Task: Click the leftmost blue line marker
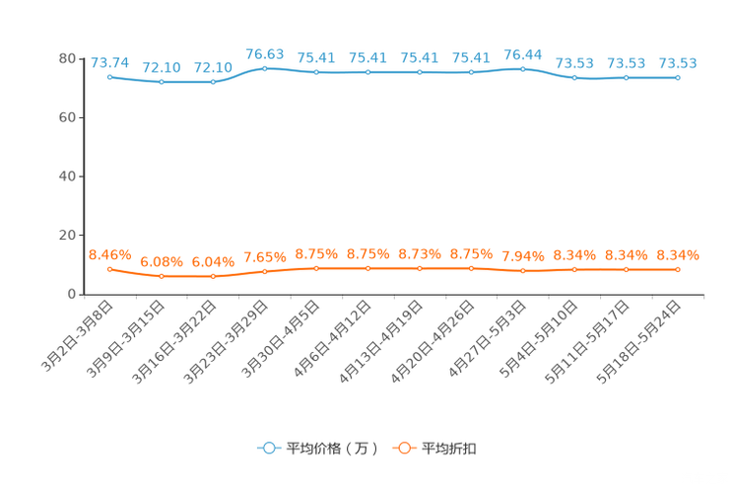pyautogui.click(x=110, y=76)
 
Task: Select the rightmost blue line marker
pyautogui.click(x=678, y=77)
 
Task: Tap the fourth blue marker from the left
pyautogui.click(x=264, y=68)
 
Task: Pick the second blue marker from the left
pyautogui.click(x=162, y=82)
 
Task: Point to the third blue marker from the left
pyautogui.click(x=213, y=82)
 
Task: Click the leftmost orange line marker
pyautogui.click(x=110, y=268)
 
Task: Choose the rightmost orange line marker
pyautogui.click(x=678, y=269)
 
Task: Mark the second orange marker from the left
pyautogui.click(x=162, y=276)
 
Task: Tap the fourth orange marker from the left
pyautogui.click(x=264, y=271)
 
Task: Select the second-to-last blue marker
pyautogui.click(x=627, y=77)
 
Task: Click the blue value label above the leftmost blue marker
pyautogui.click(x=110, y=61)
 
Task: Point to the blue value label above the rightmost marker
pyautogui.click(x=678, y=63)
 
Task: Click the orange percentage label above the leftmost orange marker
pyautogui.click(x=110, y=254)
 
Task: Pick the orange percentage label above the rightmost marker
pyautogui.click(x=678, y=255)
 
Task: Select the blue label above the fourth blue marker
pyautogui.click(x=264, y=53)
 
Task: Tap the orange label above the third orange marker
pyautogui.click(x=213, y=262)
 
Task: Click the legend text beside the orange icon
pyautogui.click(x=450, y=449)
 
